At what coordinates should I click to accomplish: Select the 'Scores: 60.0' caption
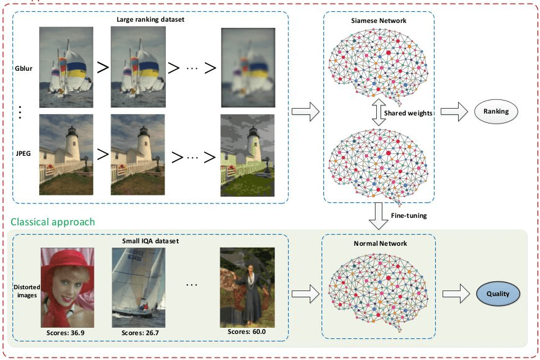(x=246, y=331)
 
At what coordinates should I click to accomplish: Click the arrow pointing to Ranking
(x=453, y=112)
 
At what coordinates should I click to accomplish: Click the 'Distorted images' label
(x=25, y=290)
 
